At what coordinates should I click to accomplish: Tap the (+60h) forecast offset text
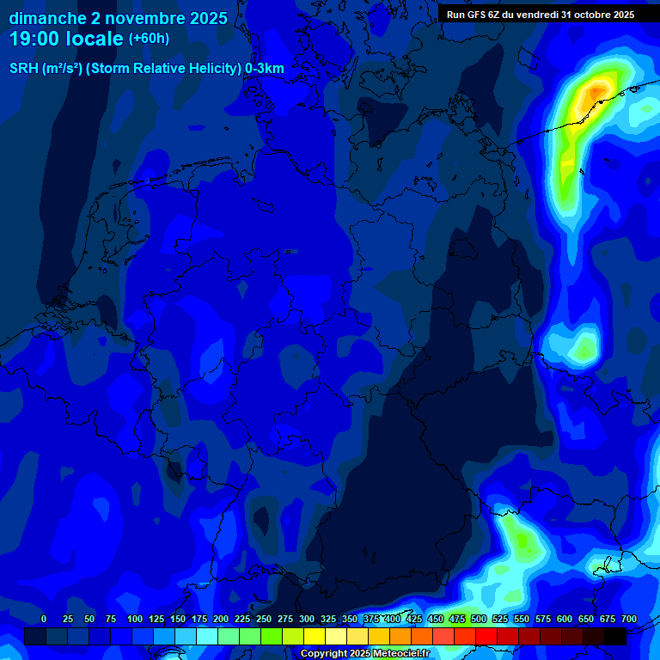click(149, 39)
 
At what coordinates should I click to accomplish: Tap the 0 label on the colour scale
click(44, 620)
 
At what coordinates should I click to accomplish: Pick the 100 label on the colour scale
click(135, 620)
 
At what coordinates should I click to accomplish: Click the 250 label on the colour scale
click(264, 620)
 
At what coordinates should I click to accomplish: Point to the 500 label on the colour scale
click(479, 620)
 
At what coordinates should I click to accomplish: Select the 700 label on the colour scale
click(629, 620)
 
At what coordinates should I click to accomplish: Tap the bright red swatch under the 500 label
click(486, 636)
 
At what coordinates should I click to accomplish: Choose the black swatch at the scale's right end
click(615, 636)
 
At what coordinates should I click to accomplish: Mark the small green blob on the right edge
click(584, 348)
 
